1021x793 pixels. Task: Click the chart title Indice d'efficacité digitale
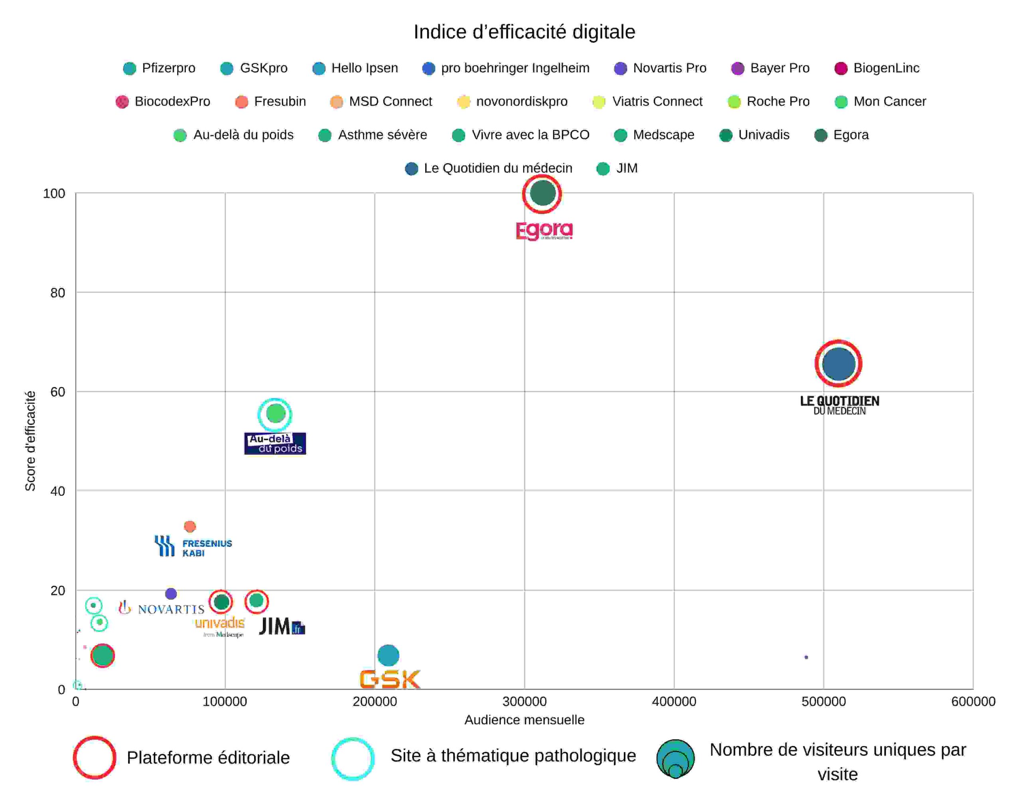tap(524, 32)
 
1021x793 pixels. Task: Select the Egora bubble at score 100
tap(542, 193)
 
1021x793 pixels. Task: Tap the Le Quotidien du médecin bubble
tap(838, 364)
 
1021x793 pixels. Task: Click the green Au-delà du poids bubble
tap(275, 413)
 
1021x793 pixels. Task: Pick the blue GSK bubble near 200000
tap(388, 655)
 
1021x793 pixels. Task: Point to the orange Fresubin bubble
tap(189, 526)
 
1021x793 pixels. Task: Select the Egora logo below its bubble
tap(544, 230)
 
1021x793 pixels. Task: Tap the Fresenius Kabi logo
tap(193, 546)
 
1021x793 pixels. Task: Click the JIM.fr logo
tap(282, 626)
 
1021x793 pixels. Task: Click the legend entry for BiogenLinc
tap(877, 68)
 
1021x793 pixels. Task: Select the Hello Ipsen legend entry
tap(355, 68)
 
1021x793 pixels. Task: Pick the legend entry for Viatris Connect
tap(647, 101)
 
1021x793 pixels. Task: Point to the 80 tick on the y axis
tap(57, 293)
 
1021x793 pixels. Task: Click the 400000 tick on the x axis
tap(674, 701)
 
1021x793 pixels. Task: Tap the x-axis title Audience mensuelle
tap(524, 720)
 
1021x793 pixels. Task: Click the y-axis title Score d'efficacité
tap(30, 441)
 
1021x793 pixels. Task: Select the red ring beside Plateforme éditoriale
tap(95, 757)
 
